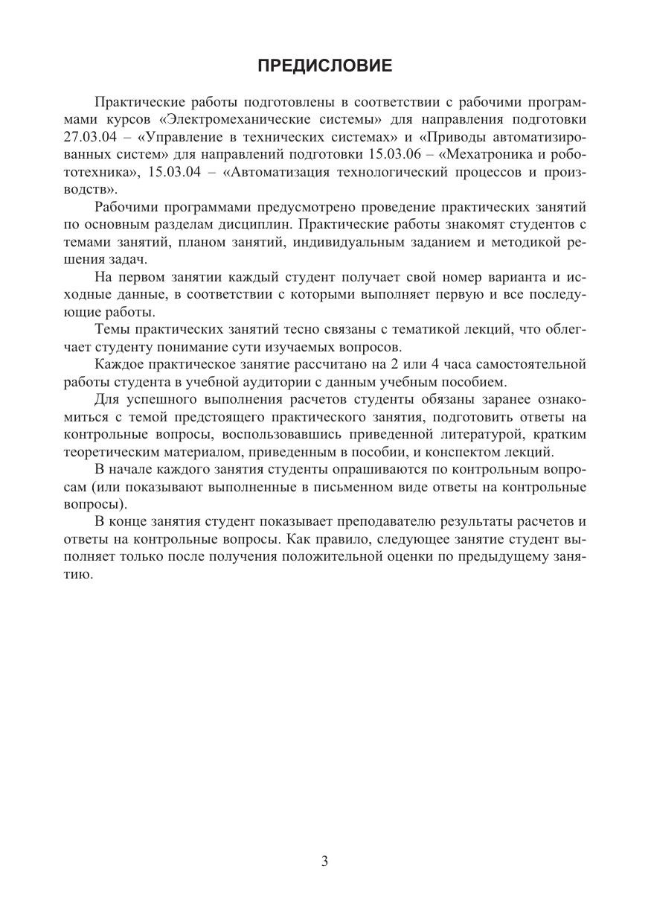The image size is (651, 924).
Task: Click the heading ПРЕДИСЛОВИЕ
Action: coord(325,66)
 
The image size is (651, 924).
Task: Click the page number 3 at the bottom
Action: coord(325,861)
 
